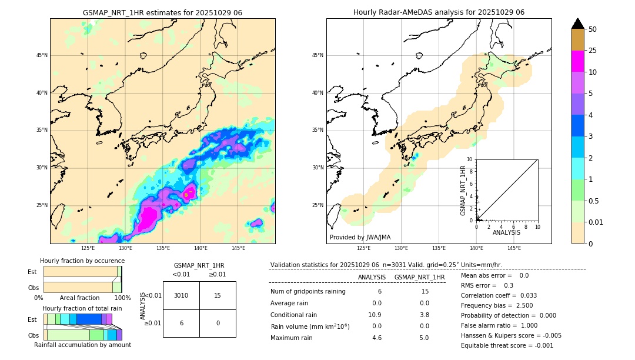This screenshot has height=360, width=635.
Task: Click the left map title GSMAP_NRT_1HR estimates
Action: (x=162, y=12)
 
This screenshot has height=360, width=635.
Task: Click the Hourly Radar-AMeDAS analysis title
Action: (x=439, y=12)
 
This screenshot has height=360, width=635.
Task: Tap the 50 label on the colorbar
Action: (x=593, y=29)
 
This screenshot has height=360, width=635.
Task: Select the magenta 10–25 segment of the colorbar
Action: (x=577, y=61)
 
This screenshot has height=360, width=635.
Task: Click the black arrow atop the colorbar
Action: (x=577, y=24)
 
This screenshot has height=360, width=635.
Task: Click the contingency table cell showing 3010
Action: (x=181, y=295)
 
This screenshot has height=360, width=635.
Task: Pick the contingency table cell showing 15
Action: (x=218, y=295)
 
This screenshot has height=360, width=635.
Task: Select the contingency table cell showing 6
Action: (x=181, y=323)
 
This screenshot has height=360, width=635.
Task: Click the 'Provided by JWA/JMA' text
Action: (x=360, y=237)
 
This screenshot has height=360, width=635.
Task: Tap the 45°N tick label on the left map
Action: (x=42, y=55)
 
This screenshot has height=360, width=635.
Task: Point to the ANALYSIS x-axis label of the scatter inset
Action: (x=506, y=232)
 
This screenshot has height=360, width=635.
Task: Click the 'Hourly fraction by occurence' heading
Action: (x=82, y=261)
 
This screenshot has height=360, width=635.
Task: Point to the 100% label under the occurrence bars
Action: (x=122, y=298)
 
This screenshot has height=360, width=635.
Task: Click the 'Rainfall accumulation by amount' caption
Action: (x=82, y=345)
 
